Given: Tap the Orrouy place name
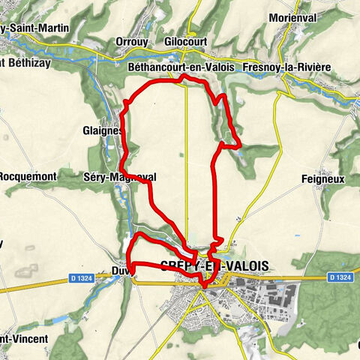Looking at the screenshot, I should tap(133, 42).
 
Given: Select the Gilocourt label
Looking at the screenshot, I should tap(187, 42).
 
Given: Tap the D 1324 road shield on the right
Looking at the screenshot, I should tap(339, 278).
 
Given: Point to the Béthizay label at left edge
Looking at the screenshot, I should tap(25, 63).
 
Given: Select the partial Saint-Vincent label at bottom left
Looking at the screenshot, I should tap(24, 338).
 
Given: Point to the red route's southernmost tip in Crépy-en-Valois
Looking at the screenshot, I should tap(204, 286).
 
